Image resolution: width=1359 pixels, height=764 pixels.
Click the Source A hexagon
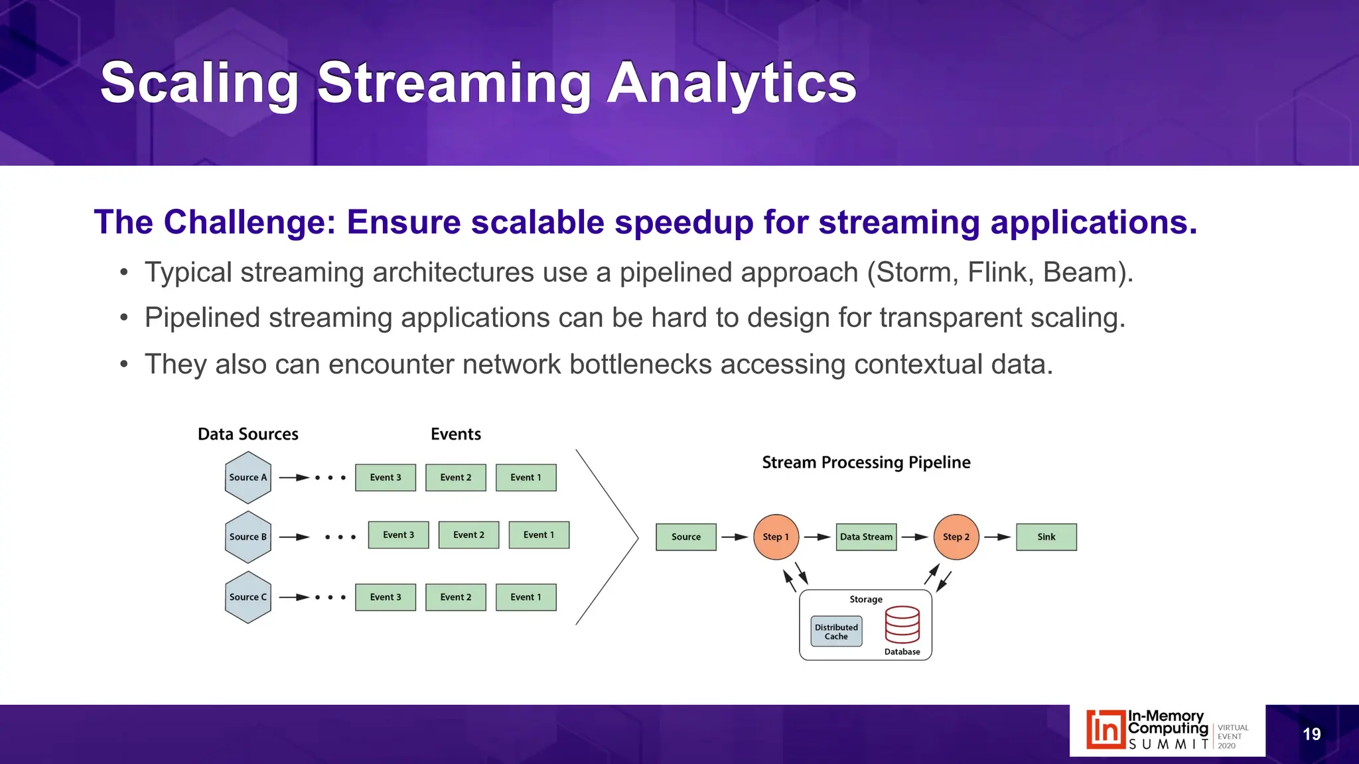point(248,477)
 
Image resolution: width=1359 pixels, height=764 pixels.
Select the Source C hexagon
point(248,597)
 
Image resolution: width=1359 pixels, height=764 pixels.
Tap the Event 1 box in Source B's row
point(539,535)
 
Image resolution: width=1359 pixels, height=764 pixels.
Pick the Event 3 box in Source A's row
point(386,477)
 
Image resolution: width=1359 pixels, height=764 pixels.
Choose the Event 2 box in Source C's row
point(456,597)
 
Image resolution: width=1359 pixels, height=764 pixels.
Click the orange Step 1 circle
point(776,537)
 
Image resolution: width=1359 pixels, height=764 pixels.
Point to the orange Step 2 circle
point(956,537)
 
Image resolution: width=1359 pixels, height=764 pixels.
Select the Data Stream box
point(866,537)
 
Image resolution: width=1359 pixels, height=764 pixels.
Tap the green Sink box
point(1046,537)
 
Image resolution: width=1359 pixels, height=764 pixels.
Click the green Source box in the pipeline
point(686,537)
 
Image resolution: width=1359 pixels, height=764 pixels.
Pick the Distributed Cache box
point(836,631)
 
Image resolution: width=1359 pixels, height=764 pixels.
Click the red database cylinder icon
point(902,625)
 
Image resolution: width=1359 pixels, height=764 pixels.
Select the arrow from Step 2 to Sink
point(997,537)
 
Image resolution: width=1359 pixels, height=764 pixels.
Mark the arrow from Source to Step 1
point(735,537)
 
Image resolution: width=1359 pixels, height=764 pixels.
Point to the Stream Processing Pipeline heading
point(866,462)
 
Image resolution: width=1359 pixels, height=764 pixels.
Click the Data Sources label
point(248,434)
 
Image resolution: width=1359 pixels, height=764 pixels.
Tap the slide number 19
point(1311,734)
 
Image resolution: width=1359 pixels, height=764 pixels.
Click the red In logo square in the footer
point(1105,730)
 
